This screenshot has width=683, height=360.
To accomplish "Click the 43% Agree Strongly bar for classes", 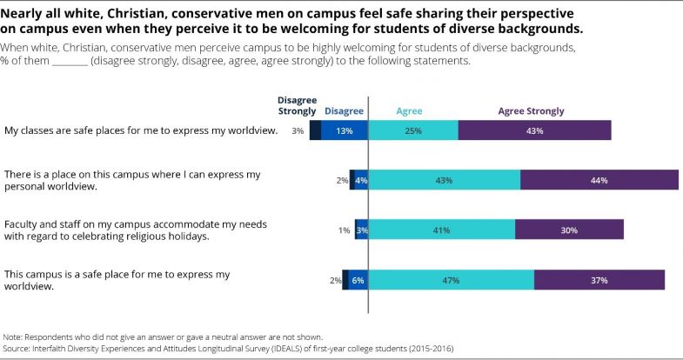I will (534, 130).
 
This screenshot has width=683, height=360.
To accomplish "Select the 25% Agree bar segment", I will (413, 130).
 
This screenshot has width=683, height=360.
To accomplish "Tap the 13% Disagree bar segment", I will (345, 130).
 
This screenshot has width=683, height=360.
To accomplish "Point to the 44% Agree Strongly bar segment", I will (599, 180).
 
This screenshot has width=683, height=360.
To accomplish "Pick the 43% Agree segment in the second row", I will (444, 180).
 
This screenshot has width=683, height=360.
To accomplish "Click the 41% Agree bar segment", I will (441, 230).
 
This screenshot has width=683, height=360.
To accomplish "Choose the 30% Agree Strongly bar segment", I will (569, 230).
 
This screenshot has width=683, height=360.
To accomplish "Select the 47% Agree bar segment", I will (451, 280).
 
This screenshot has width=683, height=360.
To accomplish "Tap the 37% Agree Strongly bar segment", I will (599, 280).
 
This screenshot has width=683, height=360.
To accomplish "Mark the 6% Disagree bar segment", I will (358, 280).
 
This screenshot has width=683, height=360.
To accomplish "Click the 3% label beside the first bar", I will (298, 130).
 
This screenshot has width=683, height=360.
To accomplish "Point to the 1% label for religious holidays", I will (344, 230).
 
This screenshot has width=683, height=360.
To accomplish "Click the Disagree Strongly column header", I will (297, 105).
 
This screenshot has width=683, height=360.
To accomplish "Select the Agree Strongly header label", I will (531, 111).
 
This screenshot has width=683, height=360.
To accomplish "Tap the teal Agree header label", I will (409, 111).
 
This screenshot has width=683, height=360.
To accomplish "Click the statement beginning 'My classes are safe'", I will (141, 130).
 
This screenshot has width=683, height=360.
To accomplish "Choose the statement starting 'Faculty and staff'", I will (136, 230).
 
